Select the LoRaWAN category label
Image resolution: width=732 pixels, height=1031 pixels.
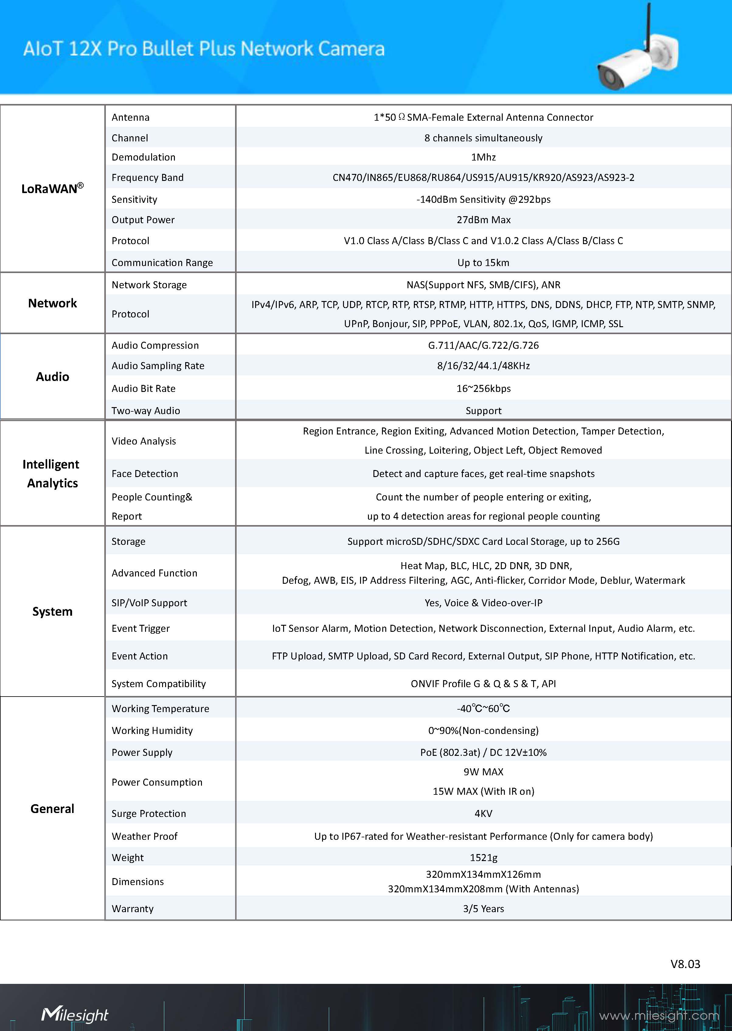pos(52,189)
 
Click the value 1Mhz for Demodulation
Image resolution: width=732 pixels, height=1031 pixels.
pos(483,157)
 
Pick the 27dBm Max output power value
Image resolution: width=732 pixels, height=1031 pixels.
pos(483,220)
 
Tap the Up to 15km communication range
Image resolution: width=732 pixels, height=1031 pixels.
pos(483,263)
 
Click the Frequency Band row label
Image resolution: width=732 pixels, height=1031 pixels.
pos(147,178)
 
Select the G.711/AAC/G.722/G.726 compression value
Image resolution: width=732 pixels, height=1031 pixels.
pos(483,345)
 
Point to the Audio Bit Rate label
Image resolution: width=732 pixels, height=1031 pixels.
pos(143,389)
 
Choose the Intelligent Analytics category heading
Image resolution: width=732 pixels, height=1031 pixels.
pos(52,474)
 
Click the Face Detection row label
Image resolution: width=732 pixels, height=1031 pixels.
pos(145,474)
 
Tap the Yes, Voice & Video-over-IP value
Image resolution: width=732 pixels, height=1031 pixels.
pos(483,603)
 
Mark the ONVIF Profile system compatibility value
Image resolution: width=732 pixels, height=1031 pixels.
pos(483,683)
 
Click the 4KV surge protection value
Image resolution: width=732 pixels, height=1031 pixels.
pos(483,813)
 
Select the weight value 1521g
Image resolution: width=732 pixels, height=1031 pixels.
pos(483,857)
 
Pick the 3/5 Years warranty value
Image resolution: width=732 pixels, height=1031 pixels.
pos(483,908)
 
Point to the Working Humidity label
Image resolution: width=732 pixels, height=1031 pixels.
pos(152,730)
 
